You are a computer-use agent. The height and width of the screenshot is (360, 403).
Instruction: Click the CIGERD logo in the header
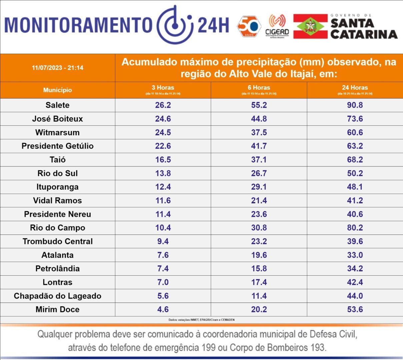point(277,26)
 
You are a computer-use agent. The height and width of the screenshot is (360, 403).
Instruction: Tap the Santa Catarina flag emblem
point(310,26)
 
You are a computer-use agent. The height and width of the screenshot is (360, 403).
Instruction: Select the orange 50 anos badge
point(249,26)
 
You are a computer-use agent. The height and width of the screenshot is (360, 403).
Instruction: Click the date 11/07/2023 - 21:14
point(58,68)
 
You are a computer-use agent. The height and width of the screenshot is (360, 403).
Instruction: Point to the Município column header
point(58,90)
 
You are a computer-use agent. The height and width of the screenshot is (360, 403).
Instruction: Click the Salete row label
point(58,105)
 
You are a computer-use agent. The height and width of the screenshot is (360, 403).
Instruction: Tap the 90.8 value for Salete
point(355,105)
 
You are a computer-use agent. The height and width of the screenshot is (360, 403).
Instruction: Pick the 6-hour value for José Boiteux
point(259,119)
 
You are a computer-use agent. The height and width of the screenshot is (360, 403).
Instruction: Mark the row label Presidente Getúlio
point(58,146)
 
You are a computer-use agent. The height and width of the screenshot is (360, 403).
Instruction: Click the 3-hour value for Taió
point(163,160)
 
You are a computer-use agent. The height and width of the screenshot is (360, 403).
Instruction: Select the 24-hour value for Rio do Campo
point(355,228)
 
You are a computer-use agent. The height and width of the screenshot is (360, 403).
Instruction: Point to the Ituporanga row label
point(58,187)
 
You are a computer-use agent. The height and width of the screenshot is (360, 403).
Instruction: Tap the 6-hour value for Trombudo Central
point(259,241)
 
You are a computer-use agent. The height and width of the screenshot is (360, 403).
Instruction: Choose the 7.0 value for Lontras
point(163,282)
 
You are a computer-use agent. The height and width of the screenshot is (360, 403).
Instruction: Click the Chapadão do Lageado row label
point(58,296)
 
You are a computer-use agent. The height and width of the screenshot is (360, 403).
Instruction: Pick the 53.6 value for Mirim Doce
point(355,309)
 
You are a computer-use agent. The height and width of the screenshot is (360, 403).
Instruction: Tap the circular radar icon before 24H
point(175,24)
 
